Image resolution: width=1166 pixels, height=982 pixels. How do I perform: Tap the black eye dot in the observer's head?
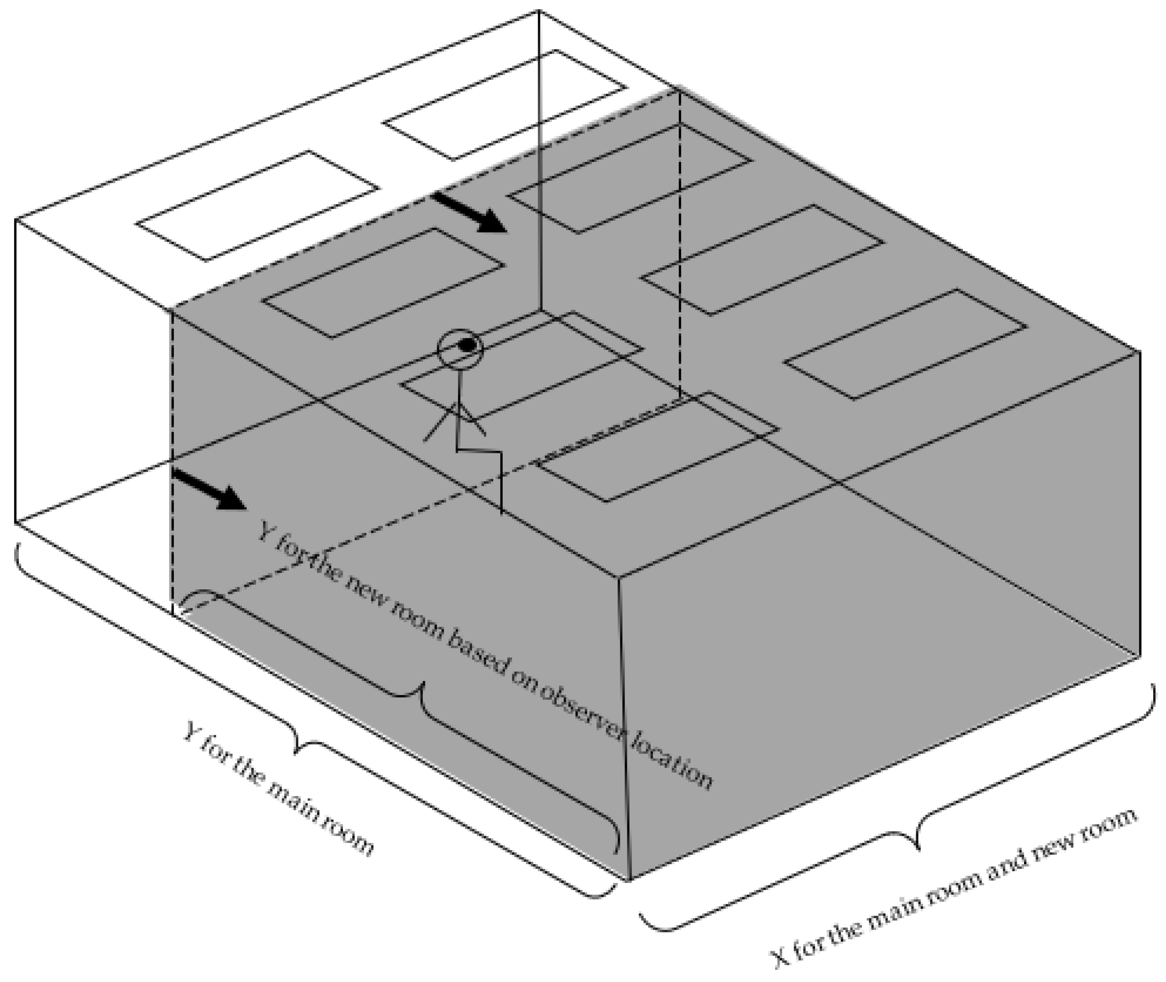[468, 345]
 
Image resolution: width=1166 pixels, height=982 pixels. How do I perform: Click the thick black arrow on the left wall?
[209, 489]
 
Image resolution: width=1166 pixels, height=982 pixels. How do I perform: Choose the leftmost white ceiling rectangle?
[257, 205]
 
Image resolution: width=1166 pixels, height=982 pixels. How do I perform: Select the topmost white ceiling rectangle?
[505, 105]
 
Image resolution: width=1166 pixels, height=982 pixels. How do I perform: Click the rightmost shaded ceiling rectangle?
[906, 344]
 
